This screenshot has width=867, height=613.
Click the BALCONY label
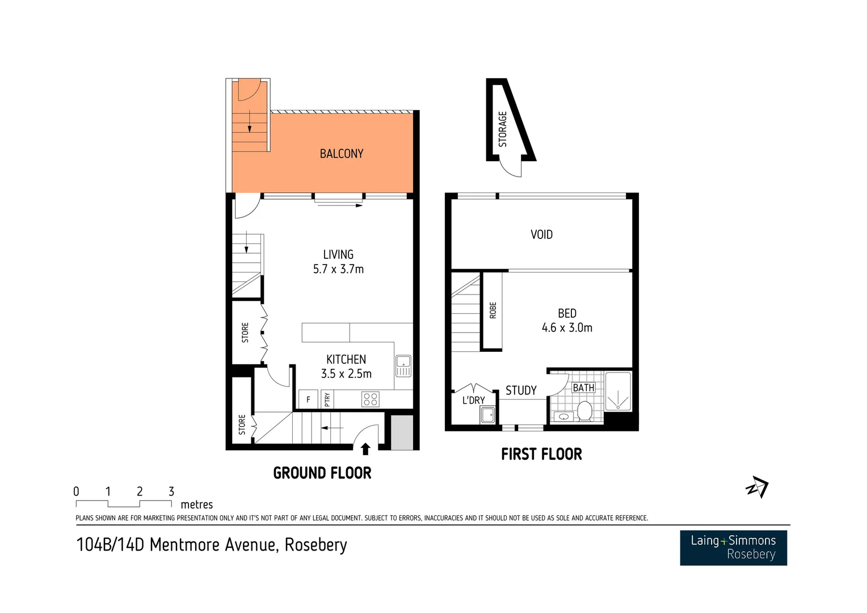(x=341, y=154)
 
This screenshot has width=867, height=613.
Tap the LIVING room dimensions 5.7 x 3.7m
(x=338, y=269)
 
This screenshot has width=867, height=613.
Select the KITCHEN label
(x=346, y=359)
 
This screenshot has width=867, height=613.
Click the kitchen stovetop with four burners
(x=370, y=399)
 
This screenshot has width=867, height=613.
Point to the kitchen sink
(x=403, y=366)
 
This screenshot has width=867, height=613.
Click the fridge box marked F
(x=308, y=399)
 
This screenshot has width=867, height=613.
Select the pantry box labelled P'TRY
(x=327, y=399)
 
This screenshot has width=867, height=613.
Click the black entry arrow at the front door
(x=365, y=449)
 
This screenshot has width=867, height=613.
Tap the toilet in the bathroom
(x=584, y=410)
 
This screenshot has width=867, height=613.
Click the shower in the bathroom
(x=618, y=392)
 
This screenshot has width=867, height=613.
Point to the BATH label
(x=583, y=388)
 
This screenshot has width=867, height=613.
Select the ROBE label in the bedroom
(x=493, y=310)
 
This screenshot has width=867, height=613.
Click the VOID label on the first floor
(x=541, y=234)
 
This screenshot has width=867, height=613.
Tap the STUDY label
(x=521, y=391)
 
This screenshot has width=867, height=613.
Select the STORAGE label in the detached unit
(x=502, y=129)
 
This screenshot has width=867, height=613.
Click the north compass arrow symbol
(x=757, y=487)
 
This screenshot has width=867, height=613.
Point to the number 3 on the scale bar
(x=171, y=492)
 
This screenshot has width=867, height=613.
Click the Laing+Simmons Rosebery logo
(x=733, y=548)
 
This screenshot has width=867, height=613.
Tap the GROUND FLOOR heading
(x=322, y=473)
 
